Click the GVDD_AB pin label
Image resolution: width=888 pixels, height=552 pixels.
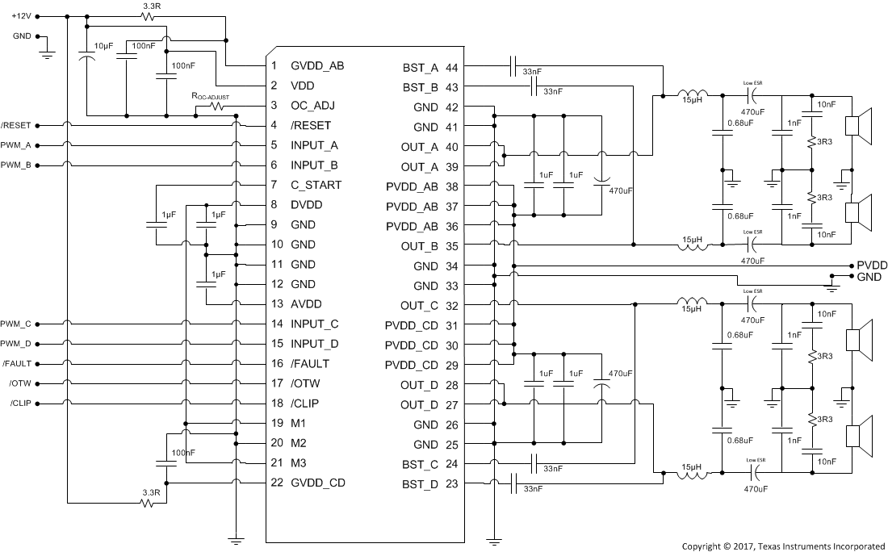(x=317, y=65)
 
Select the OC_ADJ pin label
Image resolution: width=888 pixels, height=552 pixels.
(x=313, y=105)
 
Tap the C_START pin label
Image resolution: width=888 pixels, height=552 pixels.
(x=316, y=185)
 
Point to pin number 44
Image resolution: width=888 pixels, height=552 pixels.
(x=451, y=67)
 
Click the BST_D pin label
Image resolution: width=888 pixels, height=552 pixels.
(x=420, y=484)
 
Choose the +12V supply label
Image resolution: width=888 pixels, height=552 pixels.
(x=23, y=15)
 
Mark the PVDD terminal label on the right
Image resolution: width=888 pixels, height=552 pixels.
(x=872, y=265)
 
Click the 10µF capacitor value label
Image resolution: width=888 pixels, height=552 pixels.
(x=103, y=45)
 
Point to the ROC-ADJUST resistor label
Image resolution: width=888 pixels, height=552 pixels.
(x=209, y=97)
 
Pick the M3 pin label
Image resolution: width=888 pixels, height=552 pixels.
(x=299, y=462)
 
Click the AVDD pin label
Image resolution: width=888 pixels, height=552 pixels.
(x=307, y=304)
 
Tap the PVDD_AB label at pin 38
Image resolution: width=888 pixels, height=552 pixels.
(x=411, y=186)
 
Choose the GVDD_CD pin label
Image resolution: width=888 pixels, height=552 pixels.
(x=318, y=483)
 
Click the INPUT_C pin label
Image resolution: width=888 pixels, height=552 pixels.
(x=315, y=324)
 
